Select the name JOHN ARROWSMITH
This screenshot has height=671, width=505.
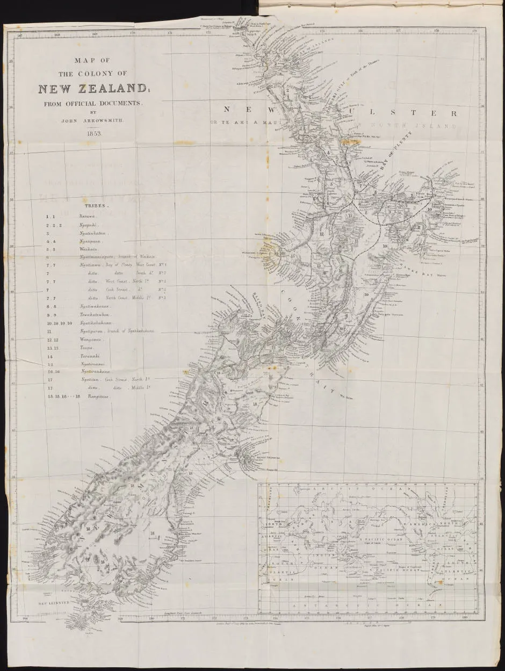(93, 120)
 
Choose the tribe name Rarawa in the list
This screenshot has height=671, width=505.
(86, 215)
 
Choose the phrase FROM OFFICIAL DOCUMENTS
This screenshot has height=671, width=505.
(92, 102)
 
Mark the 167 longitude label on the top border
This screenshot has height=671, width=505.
(20, 37)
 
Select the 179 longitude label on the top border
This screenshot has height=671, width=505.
(474, 31)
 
